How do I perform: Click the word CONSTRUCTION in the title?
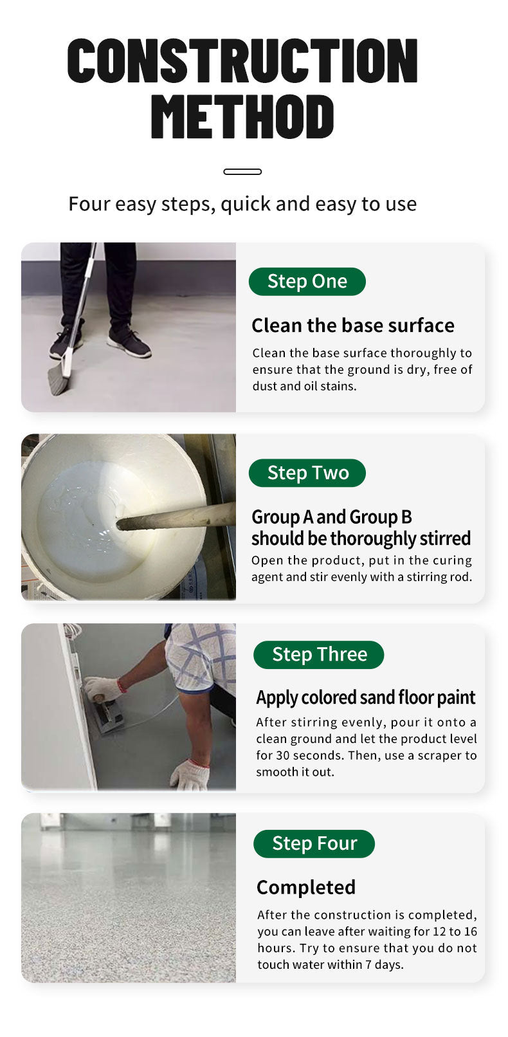point(242,60)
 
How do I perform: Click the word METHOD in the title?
point(242,116)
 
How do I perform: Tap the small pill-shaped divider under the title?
point(242,172)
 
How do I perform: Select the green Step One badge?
point(307,282)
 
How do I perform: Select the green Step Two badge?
point(307,473)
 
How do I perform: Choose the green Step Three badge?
point(319,655)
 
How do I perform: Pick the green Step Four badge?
point(314,843)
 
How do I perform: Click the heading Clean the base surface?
point(353,326)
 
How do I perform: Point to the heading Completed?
point(306,888)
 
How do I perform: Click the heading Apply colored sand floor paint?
point(366,698)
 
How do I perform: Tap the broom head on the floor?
point(59,378)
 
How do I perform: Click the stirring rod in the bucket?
point(176,516)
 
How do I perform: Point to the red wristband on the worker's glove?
point(122,684)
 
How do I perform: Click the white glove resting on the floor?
point(191,774)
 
